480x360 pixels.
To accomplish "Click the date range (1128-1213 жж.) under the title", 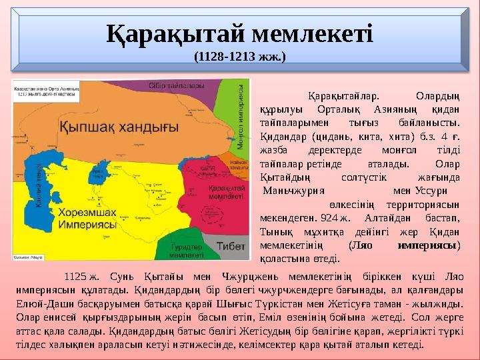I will tap(239, 57).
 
